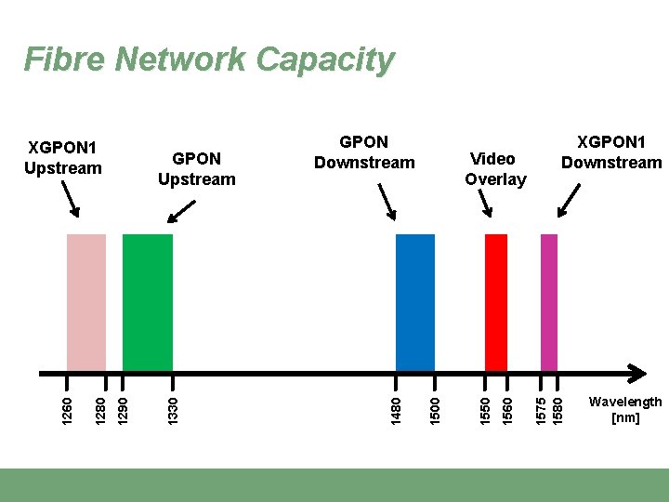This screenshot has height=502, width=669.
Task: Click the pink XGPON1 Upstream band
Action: coord(85,302)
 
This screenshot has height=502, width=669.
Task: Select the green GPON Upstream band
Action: coord(148,302)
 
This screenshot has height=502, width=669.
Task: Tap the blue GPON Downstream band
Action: coord(414,302)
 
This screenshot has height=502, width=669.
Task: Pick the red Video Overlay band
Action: coord(496,302)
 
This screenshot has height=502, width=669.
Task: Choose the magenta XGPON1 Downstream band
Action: coord(549,302)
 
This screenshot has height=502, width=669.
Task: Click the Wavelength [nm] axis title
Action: coord(625,409)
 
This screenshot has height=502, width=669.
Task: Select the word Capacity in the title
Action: coord(325,59)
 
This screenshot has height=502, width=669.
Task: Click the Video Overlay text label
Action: coord(495,169)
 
